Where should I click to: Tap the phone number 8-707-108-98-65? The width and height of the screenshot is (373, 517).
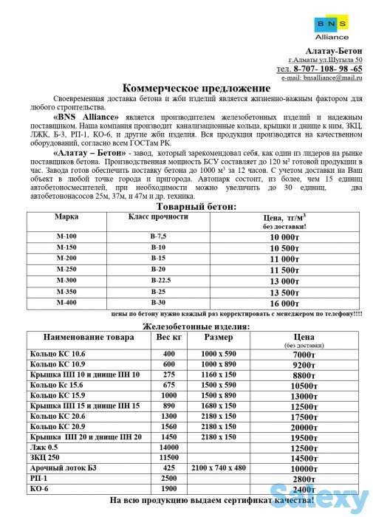point(326,68)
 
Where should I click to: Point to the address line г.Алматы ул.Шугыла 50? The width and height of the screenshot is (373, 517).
point(325,59)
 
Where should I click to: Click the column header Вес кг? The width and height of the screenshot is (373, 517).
point(168,338)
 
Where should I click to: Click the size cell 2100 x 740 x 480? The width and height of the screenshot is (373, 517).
point(219,468)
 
